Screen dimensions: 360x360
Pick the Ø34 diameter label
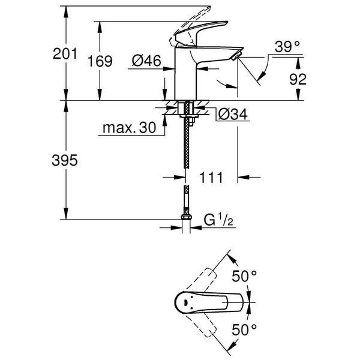[232, 114]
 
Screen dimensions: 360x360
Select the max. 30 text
[128, 127]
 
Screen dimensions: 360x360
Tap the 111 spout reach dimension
[211, 178]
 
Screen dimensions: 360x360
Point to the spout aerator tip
[235, 56]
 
